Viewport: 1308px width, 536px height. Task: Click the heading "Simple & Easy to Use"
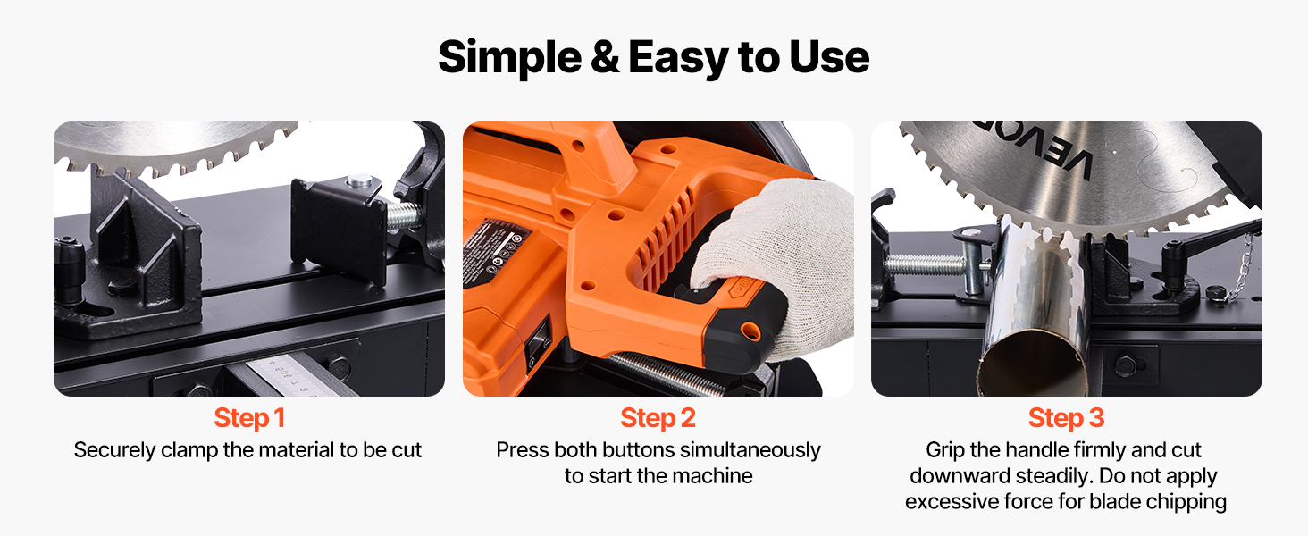coord(653,57)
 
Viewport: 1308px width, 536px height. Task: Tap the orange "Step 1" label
coord(249,418)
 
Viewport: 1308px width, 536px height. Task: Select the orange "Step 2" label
coord(658,418)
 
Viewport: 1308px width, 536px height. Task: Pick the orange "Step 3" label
coord(1066,418)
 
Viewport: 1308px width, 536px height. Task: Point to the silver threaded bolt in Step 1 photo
coord(402,216)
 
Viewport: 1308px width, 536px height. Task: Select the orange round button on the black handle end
coord(750,331)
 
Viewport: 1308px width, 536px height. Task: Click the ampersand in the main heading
coord(604,56)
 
